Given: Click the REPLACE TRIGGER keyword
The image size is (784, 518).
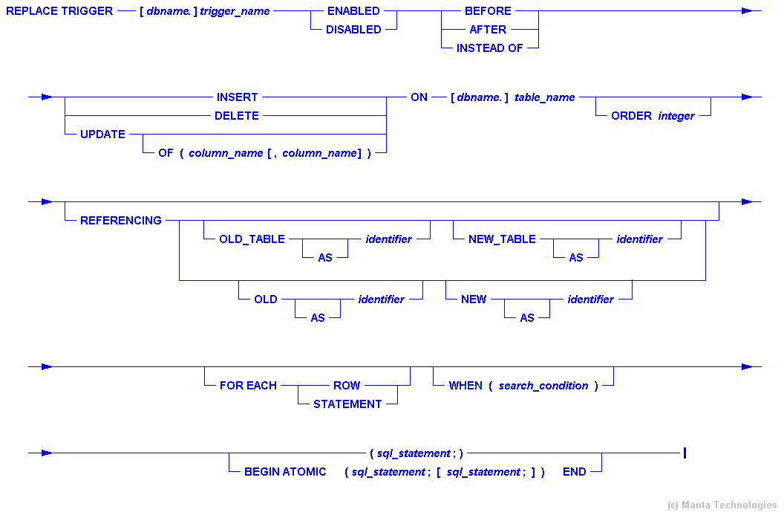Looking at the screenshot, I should pos(59,11).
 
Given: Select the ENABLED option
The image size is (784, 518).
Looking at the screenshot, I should pos(353,11).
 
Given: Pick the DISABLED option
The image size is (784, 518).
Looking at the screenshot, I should pos(353,30).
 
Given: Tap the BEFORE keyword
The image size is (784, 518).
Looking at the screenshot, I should pos(488,11).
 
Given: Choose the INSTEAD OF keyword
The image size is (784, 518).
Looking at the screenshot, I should pos(489,48).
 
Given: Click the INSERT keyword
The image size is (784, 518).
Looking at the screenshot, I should pos(238,97).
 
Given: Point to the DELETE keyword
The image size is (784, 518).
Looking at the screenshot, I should pos(237,116).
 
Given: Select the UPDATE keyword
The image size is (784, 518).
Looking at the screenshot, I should pos(102,135).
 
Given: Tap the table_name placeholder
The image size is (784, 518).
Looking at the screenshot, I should pos(544,97).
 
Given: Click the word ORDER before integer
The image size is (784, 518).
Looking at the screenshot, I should pos(631,116).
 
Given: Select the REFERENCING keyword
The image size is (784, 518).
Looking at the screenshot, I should pos(121,221).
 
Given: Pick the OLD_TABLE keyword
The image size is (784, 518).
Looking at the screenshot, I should pos(252,239).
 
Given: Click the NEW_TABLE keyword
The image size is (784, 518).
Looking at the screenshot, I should pos(502,239).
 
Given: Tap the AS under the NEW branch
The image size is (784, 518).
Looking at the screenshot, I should pos(527,317).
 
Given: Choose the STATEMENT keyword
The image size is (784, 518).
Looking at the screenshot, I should pos(347,404).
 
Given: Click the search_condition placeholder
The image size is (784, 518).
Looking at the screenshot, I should pos(543,386).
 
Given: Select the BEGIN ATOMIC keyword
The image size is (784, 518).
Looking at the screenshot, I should pos(285,472).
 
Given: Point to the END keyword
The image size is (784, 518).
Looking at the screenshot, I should pos(574,472).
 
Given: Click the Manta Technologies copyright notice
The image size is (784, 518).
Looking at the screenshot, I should pos(722,505).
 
